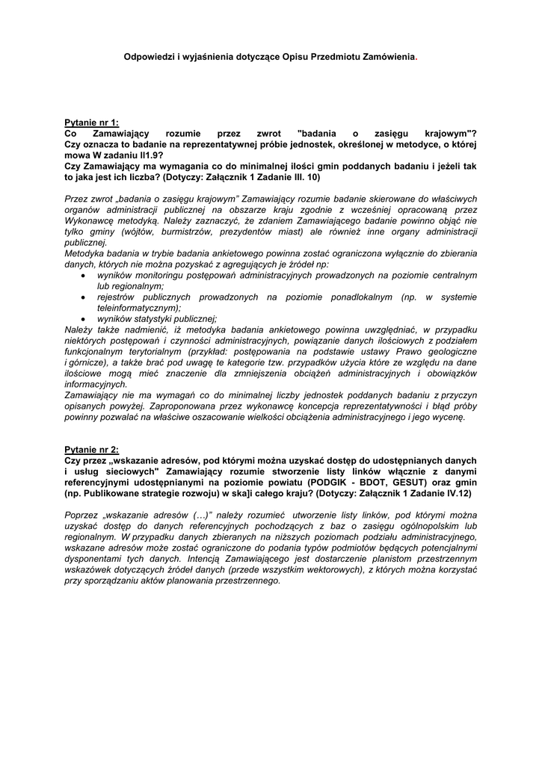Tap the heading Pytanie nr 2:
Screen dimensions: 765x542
pos(91,450)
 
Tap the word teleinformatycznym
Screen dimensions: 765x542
pos(138,308)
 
